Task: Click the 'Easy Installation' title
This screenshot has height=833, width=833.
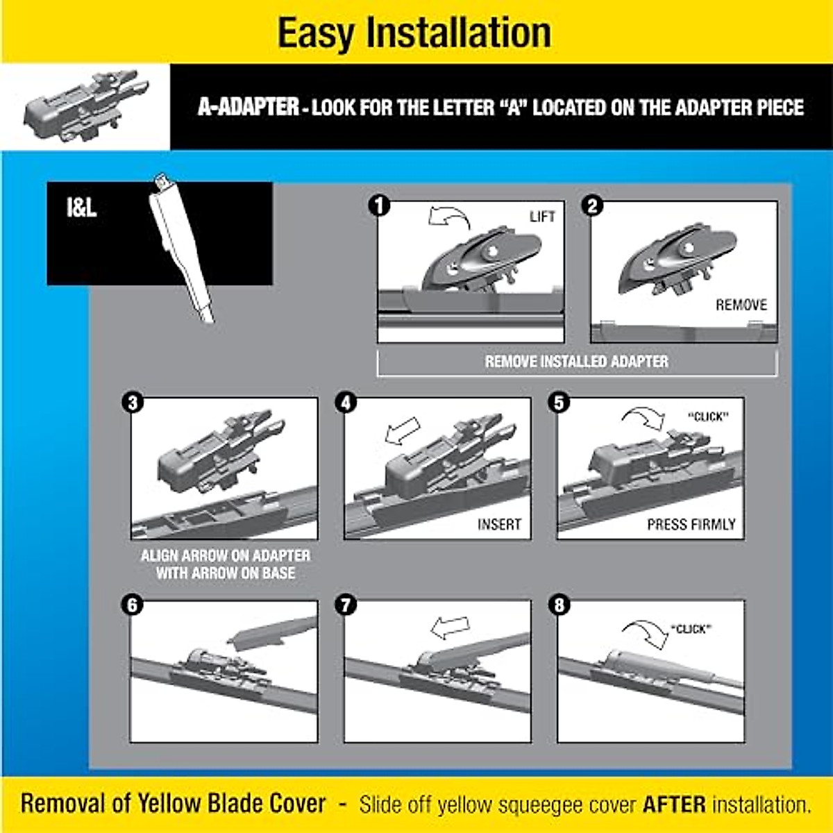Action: pyautogui.click(x=414, y=33)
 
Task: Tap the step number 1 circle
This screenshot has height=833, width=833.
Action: pyautogui.click(x=380, y=206)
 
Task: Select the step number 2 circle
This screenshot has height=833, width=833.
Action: pyautogui.click(x=592, y=206)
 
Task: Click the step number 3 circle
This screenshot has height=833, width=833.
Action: pyautogui.click(x=132, y=403)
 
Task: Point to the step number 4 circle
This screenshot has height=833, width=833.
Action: pyautogui.click(x=346, y=403)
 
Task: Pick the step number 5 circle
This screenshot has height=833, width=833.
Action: pyautogui.click(x=559, y=403)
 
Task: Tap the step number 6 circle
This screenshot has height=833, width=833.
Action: pyautogui.click(x=132, y=605)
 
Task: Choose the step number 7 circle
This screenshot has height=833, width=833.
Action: pyautogui.click(x=346, y=605)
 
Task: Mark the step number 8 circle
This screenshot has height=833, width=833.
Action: pyautogui.click(x=559, y=605)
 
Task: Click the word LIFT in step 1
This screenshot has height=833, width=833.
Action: pyautogui.click(x=542, y=217)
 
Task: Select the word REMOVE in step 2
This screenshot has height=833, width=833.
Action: pyautogui.click(x=741, y=305)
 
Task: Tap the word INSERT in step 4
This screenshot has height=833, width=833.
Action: pyautogui.click(x=498, y=525)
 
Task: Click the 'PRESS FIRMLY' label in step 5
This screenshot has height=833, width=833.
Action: pyautogui.click(x=691, y=525)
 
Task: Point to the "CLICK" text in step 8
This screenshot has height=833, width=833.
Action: pyautogui.click(x=691, y=630)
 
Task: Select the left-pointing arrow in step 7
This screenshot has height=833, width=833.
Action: pyautogui.click(x=449, y=628)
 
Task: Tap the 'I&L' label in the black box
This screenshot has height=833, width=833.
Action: pyautogui.click(x=82, y=208)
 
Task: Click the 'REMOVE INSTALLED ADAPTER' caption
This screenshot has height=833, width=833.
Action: pyautogui.click(x=576, y=362)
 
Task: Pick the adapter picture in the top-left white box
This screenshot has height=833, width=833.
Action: pyautogui.click(x=85, y=106)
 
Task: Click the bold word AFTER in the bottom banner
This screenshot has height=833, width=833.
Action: pyautogui.click(x=674, y=805)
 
